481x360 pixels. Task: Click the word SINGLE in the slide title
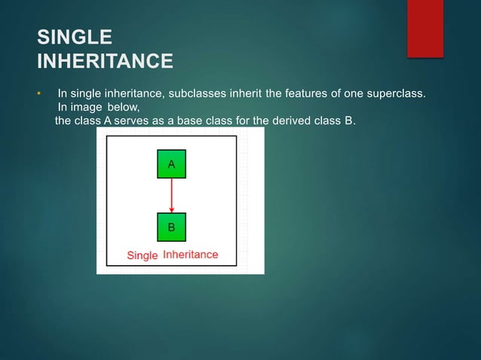(x=74, y=37)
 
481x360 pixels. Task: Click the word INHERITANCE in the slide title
(x=105, y=59)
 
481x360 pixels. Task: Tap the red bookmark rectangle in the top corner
(x=424, y=26)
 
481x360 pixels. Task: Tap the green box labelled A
(x=171, y=164)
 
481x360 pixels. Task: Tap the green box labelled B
(x=171, y=225)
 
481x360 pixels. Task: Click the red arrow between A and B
(x=171, y=193)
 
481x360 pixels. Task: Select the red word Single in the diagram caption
(x=142, y=255)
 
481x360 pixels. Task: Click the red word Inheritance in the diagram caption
(x=191, y=255)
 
